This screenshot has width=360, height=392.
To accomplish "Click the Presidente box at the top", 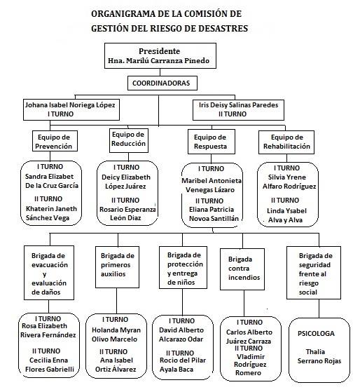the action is [x=160, y=56].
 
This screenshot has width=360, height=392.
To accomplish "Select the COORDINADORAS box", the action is [x=162, y=83].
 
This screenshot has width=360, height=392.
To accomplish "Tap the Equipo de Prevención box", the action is [x=55, y=141].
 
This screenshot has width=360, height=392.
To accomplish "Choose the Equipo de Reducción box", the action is [x=129, y=140].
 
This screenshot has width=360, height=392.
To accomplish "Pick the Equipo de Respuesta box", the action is [x=212, y=142].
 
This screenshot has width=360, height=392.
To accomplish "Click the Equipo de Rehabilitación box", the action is [x=286, y=142].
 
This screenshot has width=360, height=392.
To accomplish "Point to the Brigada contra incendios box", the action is [x=242, y=269].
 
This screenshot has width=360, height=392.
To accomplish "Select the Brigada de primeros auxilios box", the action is [x=118, y=267].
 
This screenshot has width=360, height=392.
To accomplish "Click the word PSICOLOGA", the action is [x=316, y=334].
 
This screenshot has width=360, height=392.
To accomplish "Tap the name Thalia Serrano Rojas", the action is [x=319, y=356].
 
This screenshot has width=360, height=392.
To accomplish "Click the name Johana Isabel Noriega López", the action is [x=70, y=104].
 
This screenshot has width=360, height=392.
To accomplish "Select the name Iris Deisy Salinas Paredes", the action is [x=238, y=104].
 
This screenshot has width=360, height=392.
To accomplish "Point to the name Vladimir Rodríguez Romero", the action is [x=250, y=365].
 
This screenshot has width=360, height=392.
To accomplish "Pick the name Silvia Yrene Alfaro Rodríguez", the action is [x=289, y=182].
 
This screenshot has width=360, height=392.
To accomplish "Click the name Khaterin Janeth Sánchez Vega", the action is [x=51, y=213].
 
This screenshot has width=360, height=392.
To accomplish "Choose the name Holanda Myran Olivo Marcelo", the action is [x=116, y=334].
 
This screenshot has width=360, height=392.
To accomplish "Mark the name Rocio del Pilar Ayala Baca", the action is [x=183, y=365].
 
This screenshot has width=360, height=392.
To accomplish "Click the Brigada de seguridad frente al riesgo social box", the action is [x=314, y=273].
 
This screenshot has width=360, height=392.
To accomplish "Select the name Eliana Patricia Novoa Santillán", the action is [x=214, y=214].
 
